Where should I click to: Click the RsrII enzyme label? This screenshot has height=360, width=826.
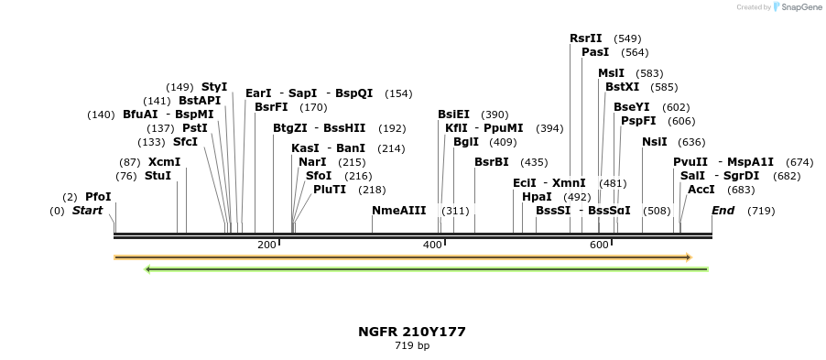(586, 38)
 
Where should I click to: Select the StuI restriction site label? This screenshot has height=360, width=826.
(158, 176)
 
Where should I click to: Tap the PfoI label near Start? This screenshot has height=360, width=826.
(98, 197)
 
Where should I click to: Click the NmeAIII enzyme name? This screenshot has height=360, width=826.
(399, 211)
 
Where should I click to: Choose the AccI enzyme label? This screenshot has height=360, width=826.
(701, 190)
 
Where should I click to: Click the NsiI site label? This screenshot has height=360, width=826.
(655, 142)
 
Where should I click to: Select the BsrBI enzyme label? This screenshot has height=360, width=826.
(492, 162)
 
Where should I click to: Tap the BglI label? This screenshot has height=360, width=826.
(466, 142)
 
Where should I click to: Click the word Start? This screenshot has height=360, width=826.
(87, 211)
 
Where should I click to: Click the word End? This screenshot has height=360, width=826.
(723, 211)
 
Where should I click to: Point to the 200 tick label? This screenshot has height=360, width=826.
(266, 245)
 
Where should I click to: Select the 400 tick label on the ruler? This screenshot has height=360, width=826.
(433, 245)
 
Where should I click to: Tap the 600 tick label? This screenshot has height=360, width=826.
(599, 245)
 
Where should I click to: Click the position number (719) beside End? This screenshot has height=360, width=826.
(761, 211)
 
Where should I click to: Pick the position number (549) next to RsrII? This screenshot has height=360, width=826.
(627, 38)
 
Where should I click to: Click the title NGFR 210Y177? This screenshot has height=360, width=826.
(412, 332)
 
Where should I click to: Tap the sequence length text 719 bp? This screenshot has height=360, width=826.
(412, 346)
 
